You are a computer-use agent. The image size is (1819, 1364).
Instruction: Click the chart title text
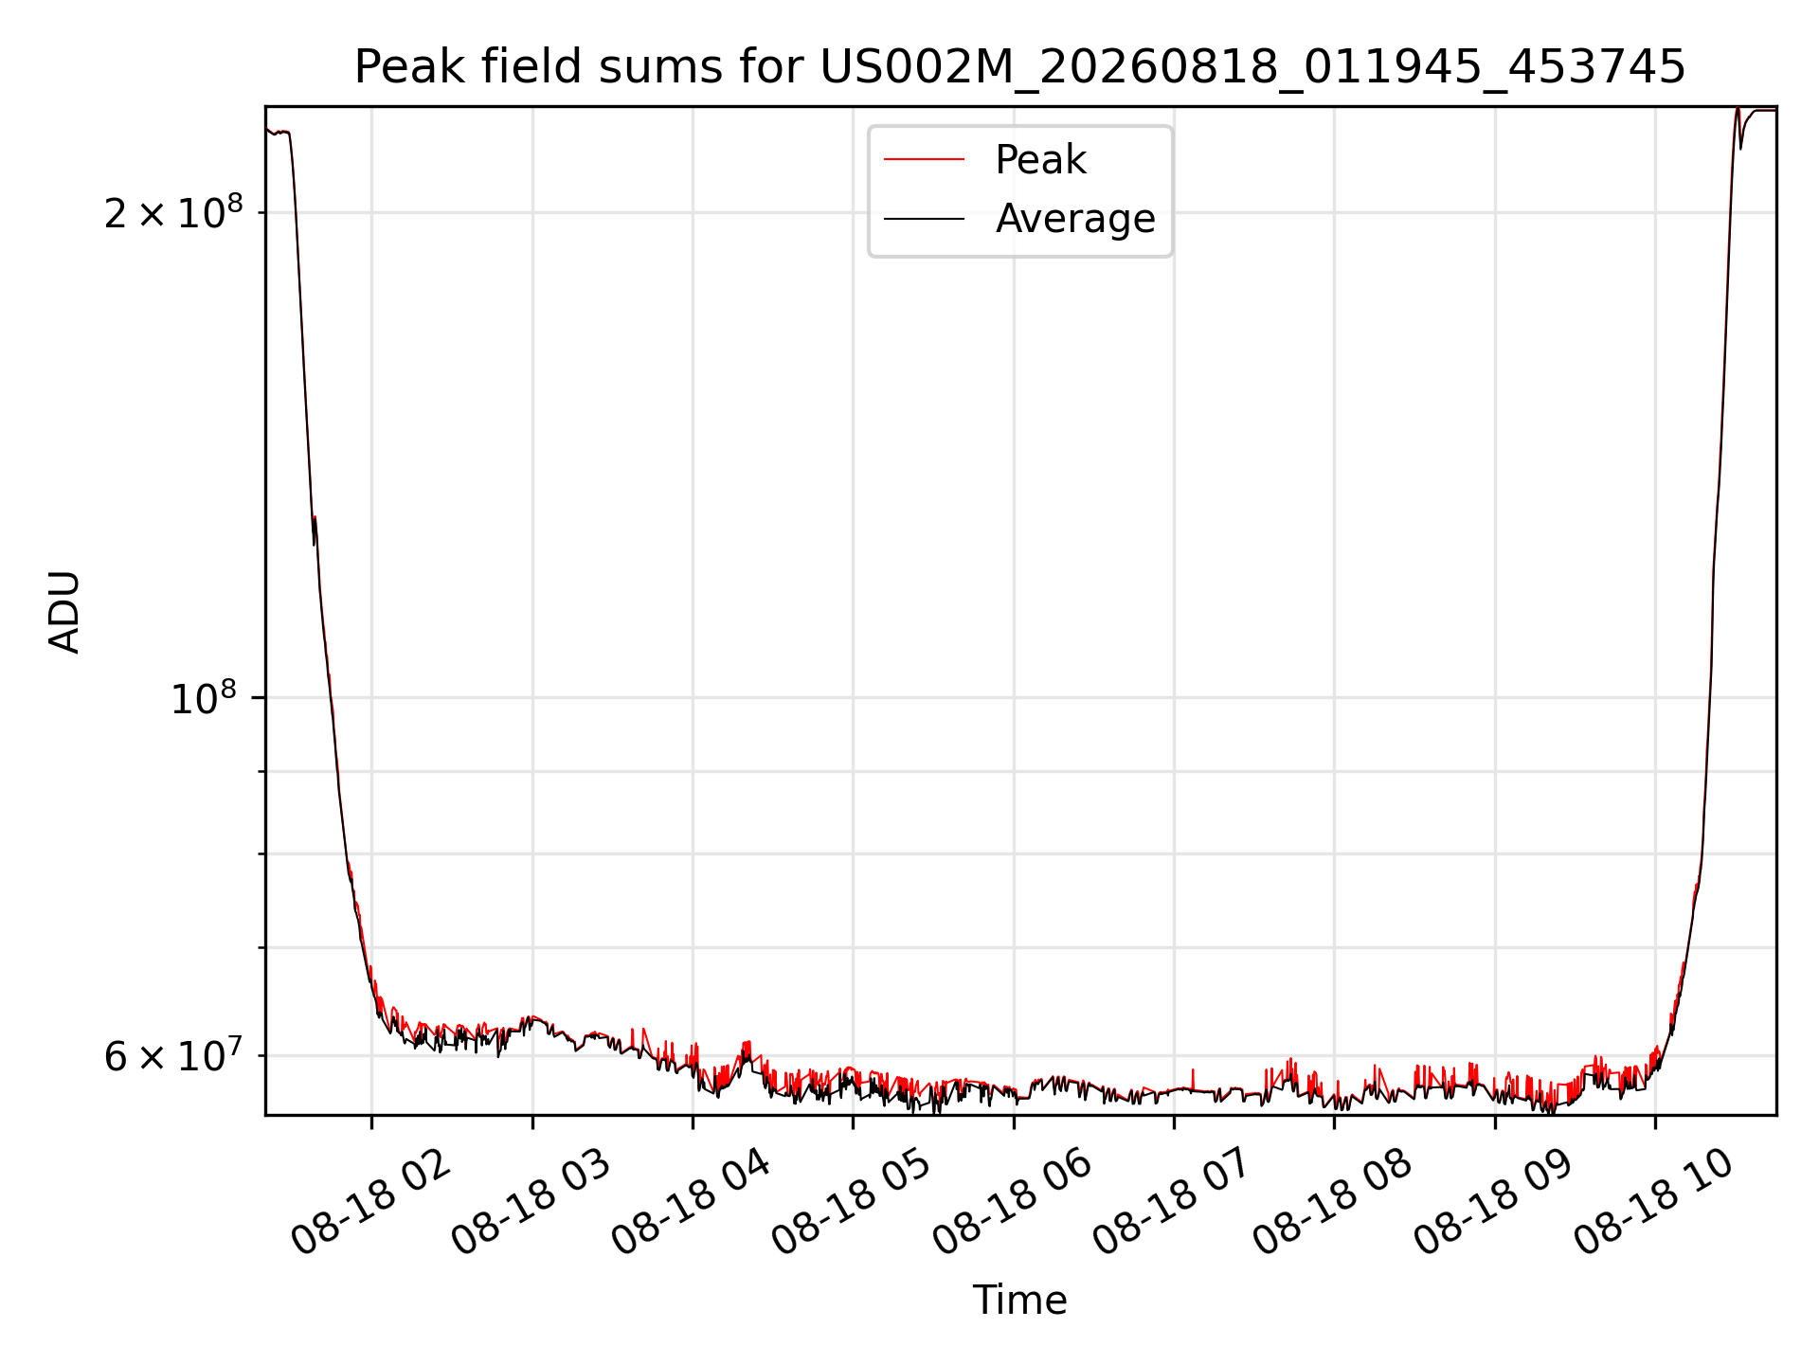1019,67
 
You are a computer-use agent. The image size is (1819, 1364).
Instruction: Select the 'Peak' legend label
1040,160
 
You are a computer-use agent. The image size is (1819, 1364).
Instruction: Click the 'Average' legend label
1075,219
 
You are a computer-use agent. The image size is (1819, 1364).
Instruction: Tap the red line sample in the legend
924,160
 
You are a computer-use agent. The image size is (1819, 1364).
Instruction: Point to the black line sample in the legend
924,219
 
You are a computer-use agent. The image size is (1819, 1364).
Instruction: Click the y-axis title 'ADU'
64,611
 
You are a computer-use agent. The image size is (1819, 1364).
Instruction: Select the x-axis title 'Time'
1019,1300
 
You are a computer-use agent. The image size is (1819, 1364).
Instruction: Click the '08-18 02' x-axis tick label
371,1201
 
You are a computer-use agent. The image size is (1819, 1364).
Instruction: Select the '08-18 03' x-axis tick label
531,1201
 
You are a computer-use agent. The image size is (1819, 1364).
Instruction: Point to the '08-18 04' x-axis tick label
692,1201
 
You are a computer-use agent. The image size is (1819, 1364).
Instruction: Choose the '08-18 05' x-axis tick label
853,1201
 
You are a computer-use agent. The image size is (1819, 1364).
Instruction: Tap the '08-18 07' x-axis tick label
1174,1201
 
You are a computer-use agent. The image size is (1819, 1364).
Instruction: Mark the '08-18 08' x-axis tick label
1334,1201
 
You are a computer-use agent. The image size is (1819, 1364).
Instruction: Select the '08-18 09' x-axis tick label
1495,1201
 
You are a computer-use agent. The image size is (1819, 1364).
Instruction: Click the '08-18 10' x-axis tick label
1655,1201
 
